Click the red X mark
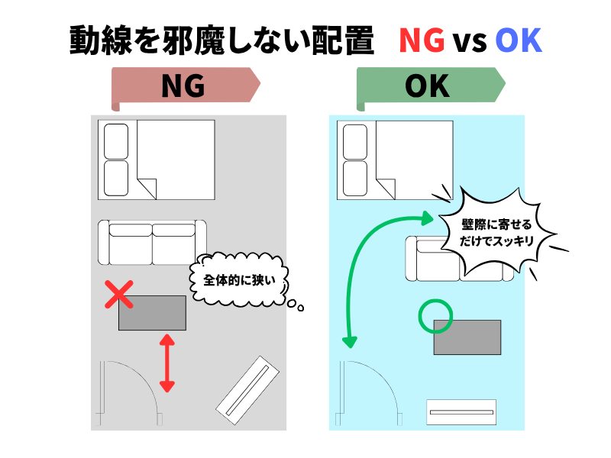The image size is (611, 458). pos(119,295)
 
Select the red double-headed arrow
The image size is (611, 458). pos(167,363)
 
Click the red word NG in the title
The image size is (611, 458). pos(422,40)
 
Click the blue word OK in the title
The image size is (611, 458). pos(519,40)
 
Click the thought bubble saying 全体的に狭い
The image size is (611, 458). pos(239,279)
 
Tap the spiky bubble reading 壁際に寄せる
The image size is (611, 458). pos(496,233)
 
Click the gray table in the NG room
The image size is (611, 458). pos(152,313)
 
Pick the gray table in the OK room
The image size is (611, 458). pos(467,337)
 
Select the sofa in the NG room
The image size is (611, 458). pos(152,242)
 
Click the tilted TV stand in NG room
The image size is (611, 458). pos(247,390)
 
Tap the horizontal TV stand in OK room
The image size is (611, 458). pos(461,412)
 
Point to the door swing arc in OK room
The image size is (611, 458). pos(383,376)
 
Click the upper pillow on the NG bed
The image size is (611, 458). pos(116,142)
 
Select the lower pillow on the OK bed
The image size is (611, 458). pos(355,179)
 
